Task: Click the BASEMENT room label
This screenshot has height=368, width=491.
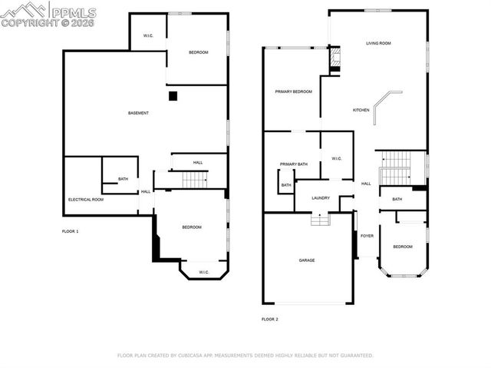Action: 138,113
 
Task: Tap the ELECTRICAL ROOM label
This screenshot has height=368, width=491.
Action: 85,199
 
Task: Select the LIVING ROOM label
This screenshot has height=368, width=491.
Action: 378,43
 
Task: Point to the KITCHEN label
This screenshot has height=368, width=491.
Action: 361,110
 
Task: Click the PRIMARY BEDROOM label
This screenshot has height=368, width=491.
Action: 294,91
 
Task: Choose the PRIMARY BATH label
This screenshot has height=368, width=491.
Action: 293,164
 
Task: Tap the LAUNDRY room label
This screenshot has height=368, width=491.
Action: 321,197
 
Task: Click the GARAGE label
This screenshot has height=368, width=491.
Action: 307,260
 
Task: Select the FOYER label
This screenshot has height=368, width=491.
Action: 367,235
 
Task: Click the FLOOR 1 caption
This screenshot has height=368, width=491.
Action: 70,230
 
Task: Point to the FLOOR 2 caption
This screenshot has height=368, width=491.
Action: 269,318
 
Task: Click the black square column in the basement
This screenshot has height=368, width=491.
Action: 173,96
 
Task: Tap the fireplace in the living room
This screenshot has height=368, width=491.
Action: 334,59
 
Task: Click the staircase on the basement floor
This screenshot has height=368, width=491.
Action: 195,180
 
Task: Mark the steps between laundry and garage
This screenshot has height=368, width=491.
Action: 320,220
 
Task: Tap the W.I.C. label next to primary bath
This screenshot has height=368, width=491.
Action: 336,158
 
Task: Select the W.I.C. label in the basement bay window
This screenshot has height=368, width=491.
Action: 203,272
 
